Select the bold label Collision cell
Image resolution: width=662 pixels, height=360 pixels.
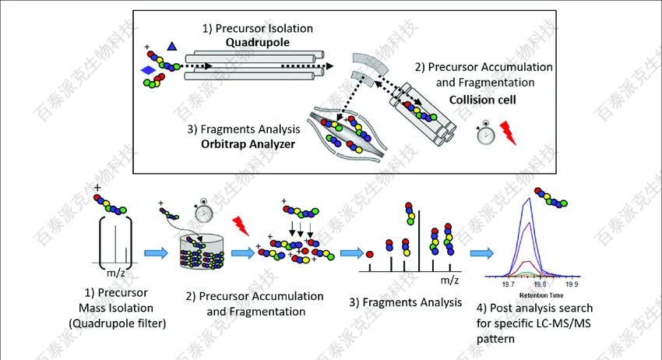coord(476,100)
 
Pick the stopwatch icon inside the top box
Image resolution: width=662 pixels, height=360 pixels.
coord(485,133)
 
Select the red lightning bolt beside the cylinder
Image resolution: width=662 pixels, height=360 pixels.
coord(241,228)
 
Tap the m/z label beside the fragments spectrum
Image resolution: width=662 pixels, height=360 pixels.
coord(449,278)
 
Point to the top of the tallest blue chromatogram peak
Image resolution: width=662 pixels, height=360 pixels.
coord(530,198)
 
